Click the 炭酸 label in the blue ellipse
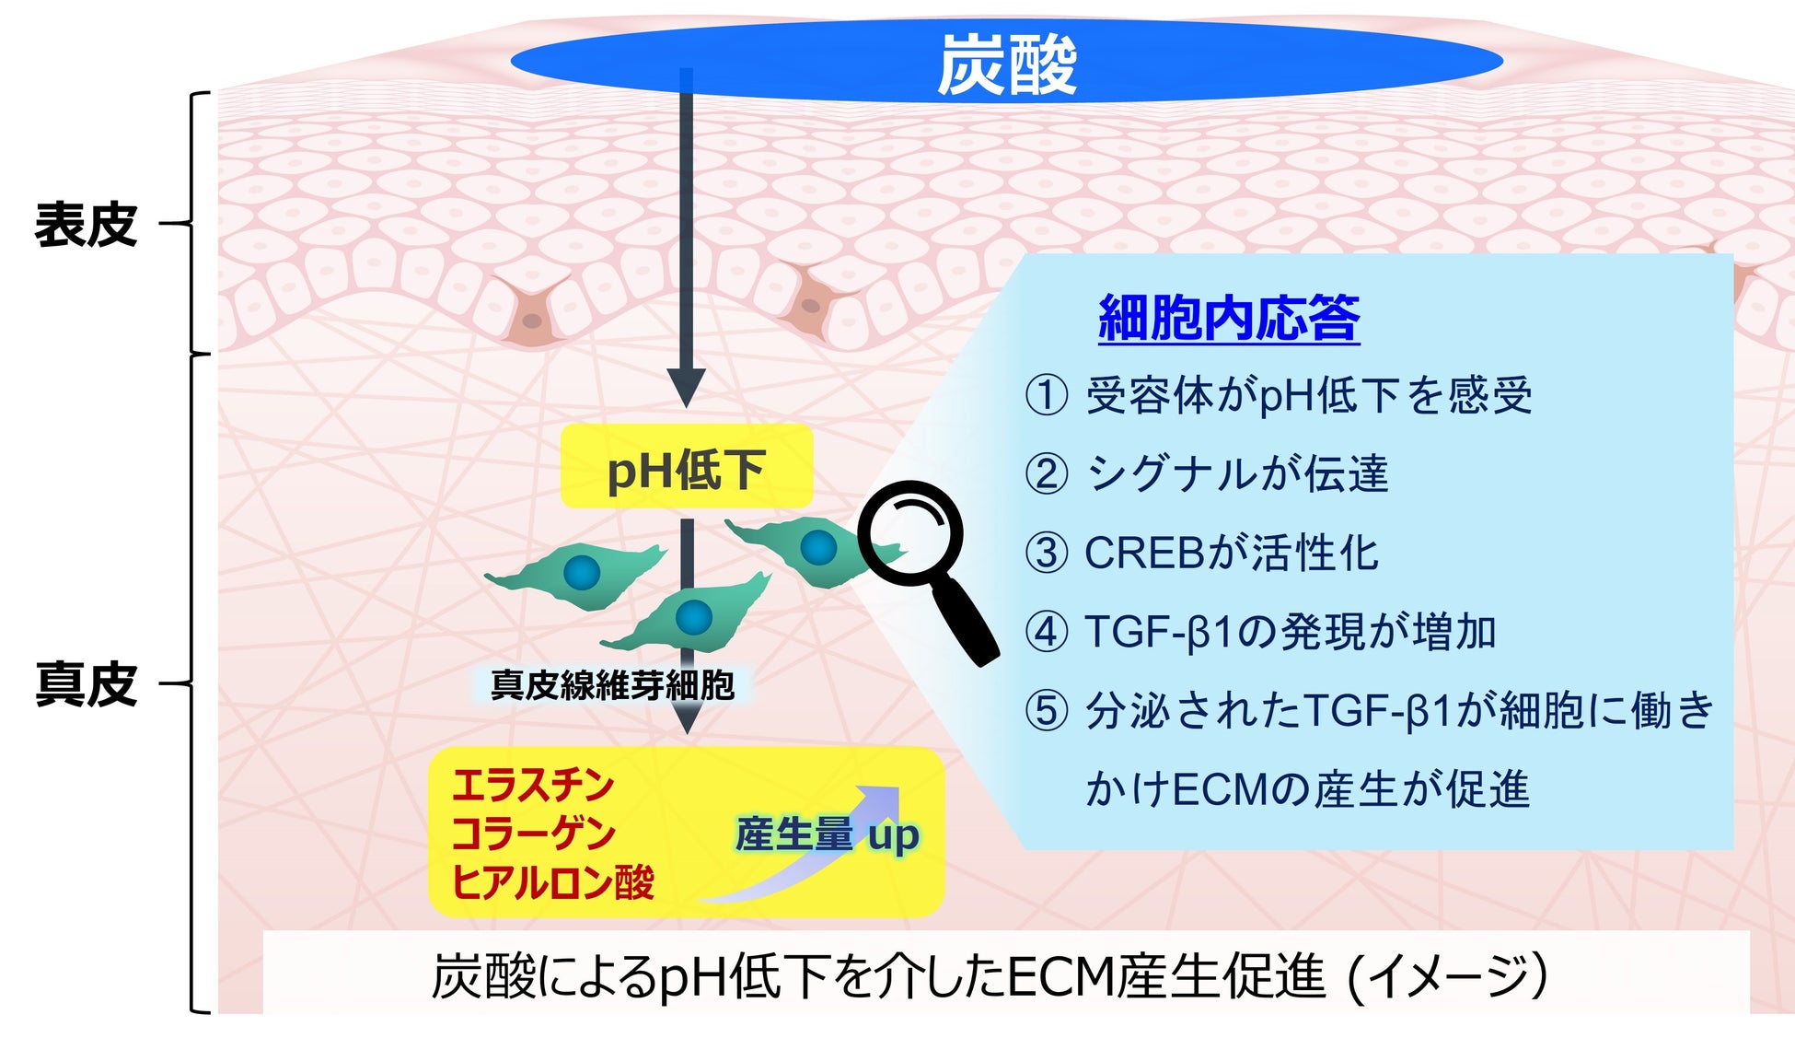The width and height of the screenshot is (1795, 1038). (x=1006, y=65)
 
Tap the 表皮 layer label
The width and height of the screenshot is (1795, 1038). (x=86, y=225)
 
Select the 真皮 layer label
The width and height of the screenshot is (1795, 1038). (x=86, y=684)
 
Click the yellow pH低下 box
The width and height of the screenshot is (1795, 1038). (x=687, y=467)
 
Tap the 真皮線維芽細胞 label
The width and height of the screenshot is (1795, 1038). (x=612, y=685)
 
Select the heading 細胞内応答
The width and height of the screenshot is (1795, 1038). (x=1229, y=319)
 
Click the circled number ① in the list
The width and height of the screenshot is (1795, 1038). (x=1047, y=396)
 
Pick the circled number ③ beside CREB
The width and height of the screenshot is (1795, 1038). (x=1047, y=554)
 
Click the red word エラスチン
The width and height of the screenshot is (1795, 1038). (x=532, y=786)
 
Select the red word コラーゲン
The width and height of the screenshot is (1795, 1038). (x=532, y=834)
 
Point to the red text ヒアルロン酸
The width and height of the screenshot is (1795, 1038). (x=552, y=882)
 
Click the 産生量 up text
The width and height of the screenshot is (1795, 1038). (x=827, y=834)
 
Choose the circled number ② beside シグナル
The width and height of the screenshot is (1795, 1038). (x=1047, y=474)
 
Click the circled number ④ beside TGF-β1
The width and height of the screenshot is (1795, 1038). (x=1047, y=632)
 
